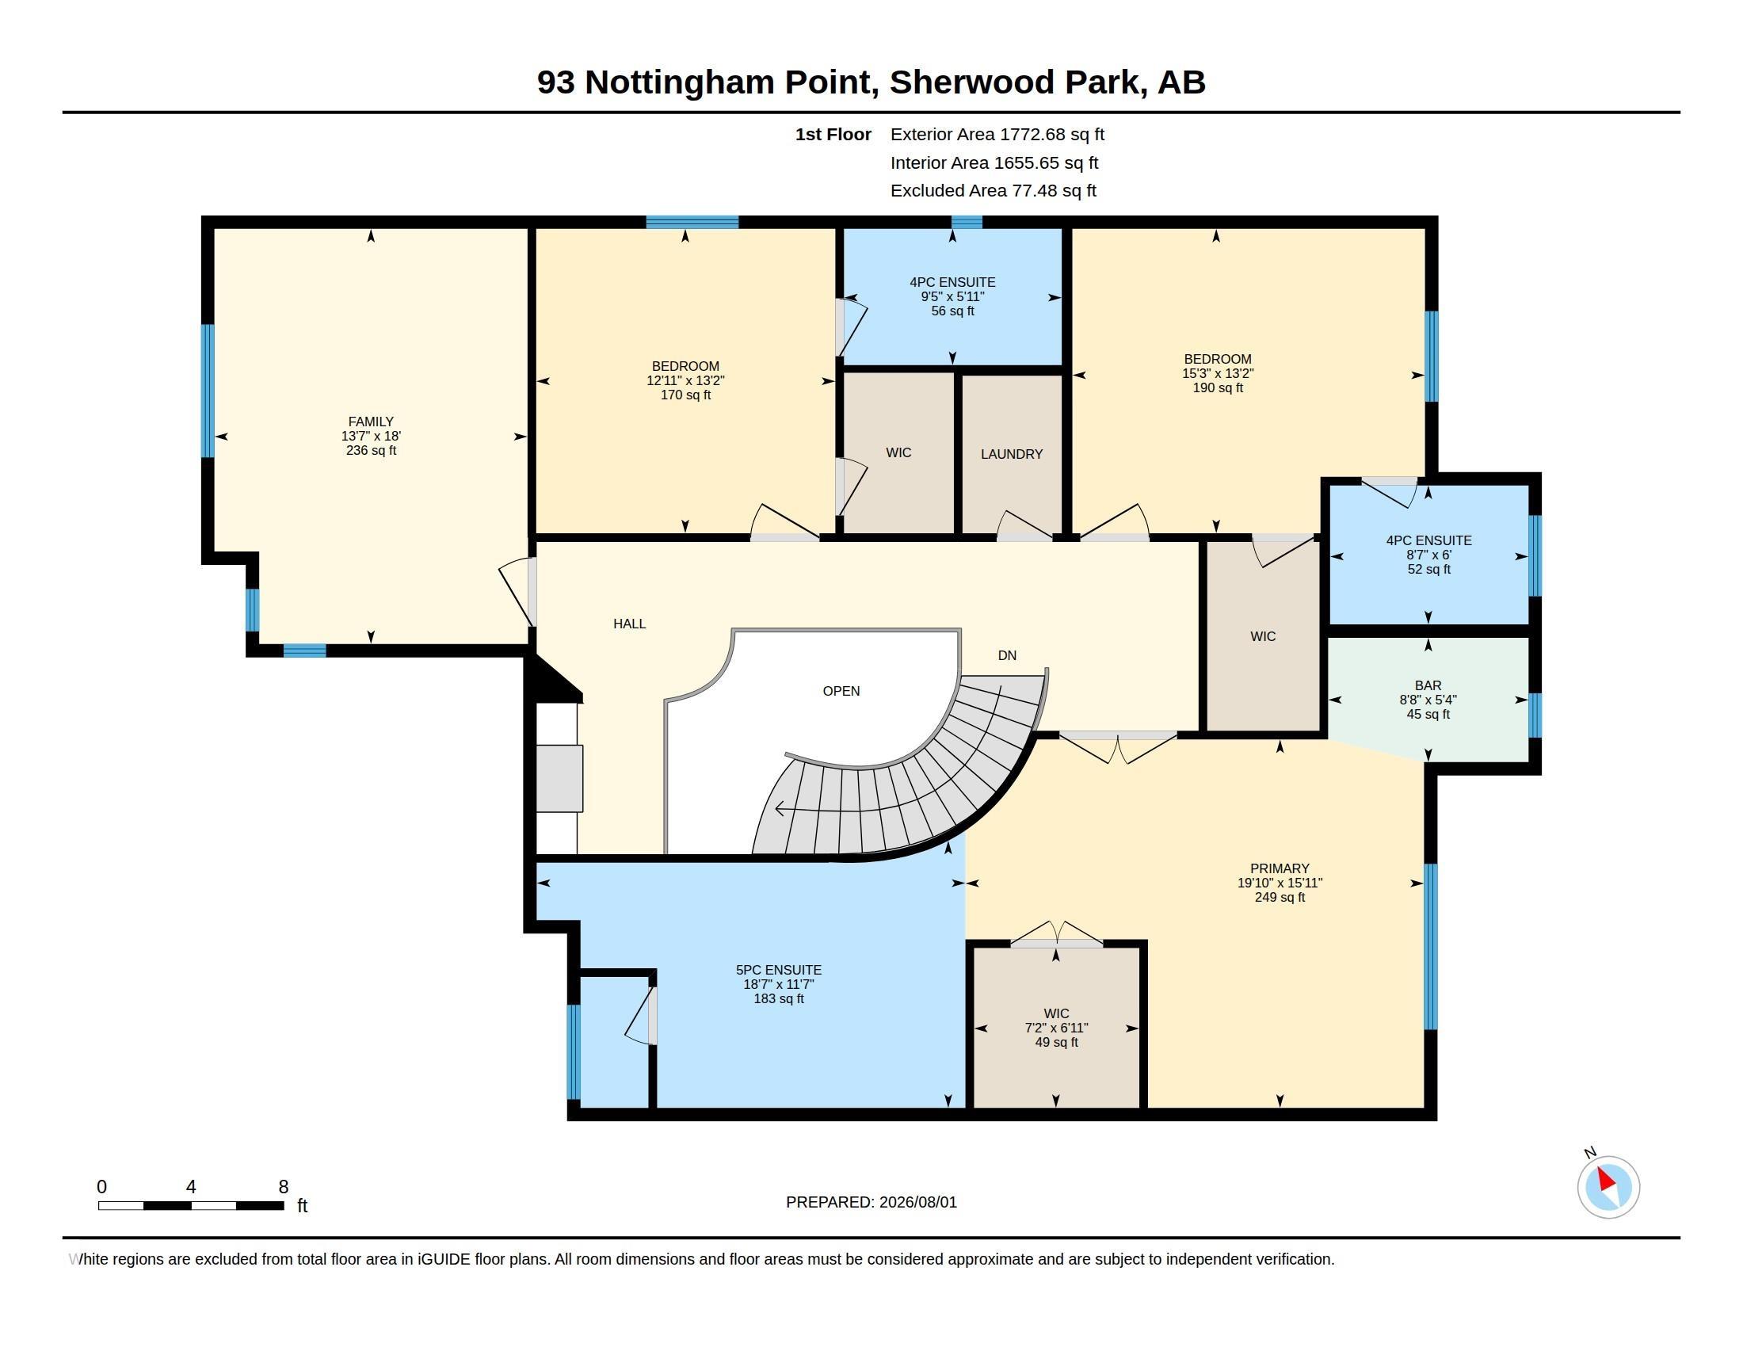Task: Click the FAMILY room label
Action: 370,422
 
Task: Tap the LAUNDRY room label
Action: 1011,454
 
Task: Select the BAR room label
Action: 1428,685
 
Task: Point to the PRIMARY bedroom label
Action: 1280,868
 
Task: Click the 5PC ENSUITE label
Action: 778,970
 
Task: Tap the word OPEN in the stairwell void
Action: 841,691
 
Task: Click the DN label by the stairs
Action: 1007,655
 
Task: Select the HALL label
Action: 630,624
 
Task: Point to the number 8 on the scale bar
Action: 284,1187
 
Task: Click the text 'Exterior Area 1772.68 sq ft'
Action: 997,134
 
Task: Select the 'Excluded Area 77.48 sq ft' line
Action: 993,191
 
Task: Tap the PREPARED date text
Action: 871,1202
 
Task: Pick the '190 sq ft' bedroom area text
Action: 1217,387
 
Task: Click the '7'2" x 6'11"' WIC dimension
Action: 1056,1028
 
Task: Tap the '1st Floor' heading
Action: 833,134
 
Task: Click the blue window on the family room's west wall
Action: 208,390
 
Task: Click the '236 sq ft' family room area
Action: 370,450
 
